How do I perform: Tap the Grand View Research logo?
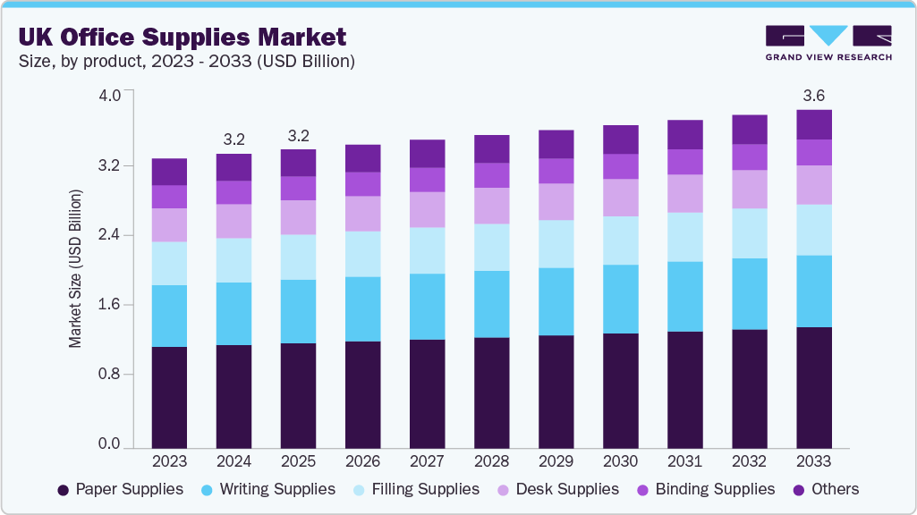click(x=828, y=42)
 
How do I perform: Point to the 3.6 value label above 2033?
click(x=814, y=96)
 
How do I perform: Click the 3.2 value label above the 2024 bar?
click(x=234, y=139)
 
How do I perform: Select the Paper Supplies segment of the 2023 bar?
click(x=169, y=397)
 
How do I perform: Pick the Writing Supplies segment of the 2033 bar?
click(x=814, y=291)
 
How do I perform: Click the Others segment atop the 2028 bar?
click(x=491, y=149)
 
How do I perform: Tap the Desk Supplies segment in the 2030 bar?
click(x=620, y=198)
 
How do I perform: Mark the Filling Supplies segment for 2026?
click(x=362, y=254)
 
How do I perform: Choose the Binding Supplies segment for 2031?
click(x=684, y=162)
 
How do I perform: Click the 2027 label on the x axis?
click(x=427, y=461)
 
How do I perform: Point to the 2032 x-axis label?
click(x=749, y=461)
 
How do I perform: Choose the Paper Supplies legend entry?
click(x=120, y=489)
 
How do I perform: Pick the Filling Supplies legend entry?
click(x=416, y=489)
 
